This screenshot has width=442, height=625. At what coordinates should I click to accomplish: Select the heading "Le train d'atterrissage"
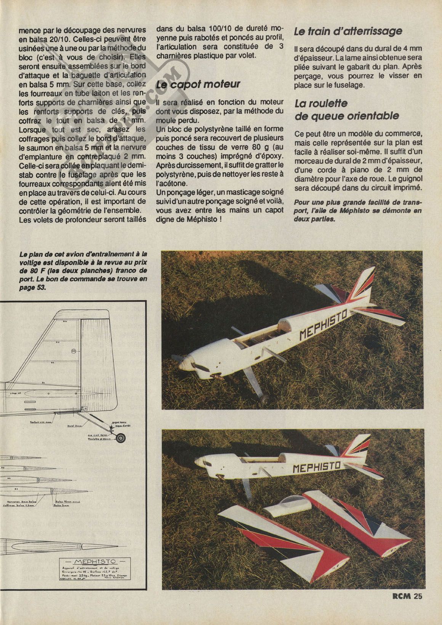pos(348,31)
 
